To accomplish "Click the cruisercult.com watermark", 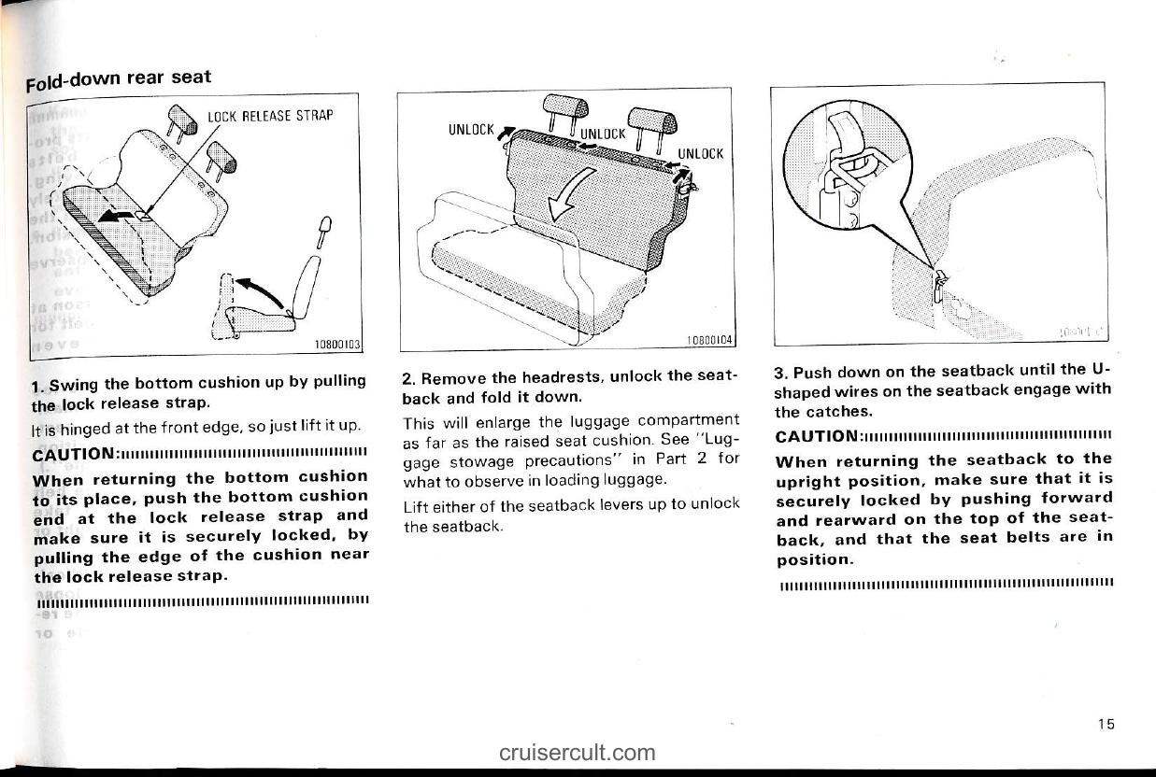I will (x=578, y=752).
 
